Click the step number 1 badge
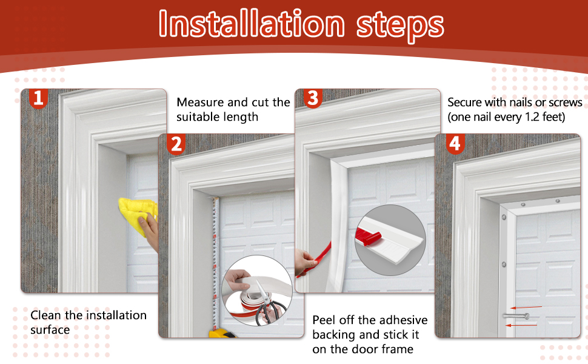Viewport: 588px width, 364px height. pyautogui.click(x=38, y=98)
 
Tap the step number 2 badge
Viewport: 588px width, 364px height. pyautogui.click(x=176, y=144)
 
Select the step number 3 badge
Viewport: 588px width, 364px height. pyautogui.click(x=313, y=98)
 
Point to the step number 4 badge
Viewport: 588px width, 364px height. pyautogui.click(x=455, y=144)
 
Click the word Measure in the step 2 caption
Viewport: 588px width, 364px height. pyautogui.click(x=200, y=103)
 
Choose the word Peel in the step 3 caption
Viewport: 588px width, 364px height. pyautogui.click(x=325, y=320)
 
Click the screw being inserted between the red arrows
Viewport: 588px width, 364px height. pyautogui.click(x=516, y=316)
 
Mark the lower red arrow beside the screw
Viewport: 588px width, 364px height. pyautogui.click(x=522, y=325)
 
